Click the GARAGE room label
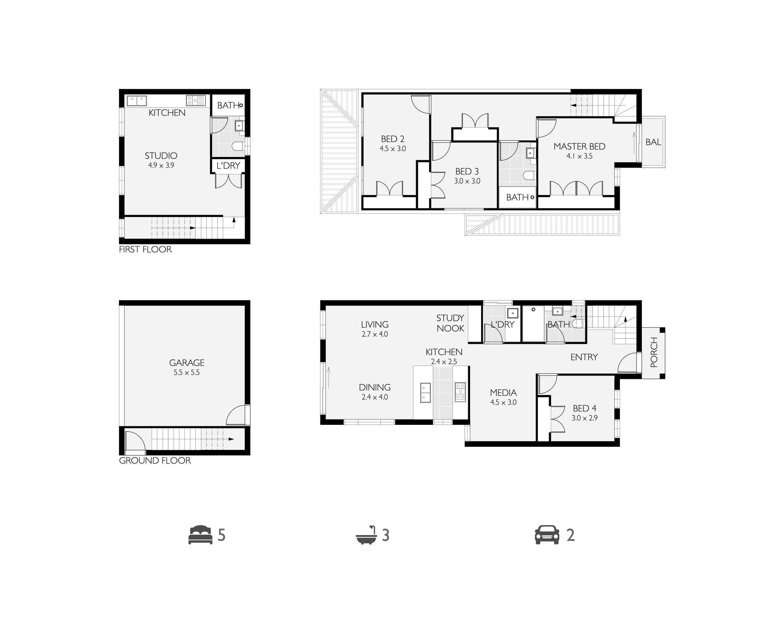tap(187, 362)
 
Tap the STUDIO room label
tap(161, 155)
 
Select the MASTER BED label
tap(579, 146)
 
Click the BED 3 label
tap(467, 171)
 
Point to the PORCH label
tap(654, 352)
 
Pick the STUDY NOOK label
tap(450, 323)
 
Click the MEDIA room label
tap(503, 393)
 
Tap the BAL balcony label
tap(653, 142)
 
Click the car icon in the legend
tap(547, 535)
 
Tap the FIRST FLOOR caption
tap(146, 249)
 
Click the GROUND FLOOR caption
tap(155, 461)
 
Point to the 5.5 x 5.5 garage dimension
tap(187, 373)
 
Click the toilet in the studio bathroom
tap(237, 146)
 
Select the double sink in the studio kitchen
tap(137, 101)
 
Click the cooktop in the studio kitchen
tap(196, 100)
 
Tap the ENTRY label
tap(584, 357)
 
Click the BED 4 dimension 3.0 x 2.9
tap(584, 418)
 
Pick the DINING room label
tap(375, 387)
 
